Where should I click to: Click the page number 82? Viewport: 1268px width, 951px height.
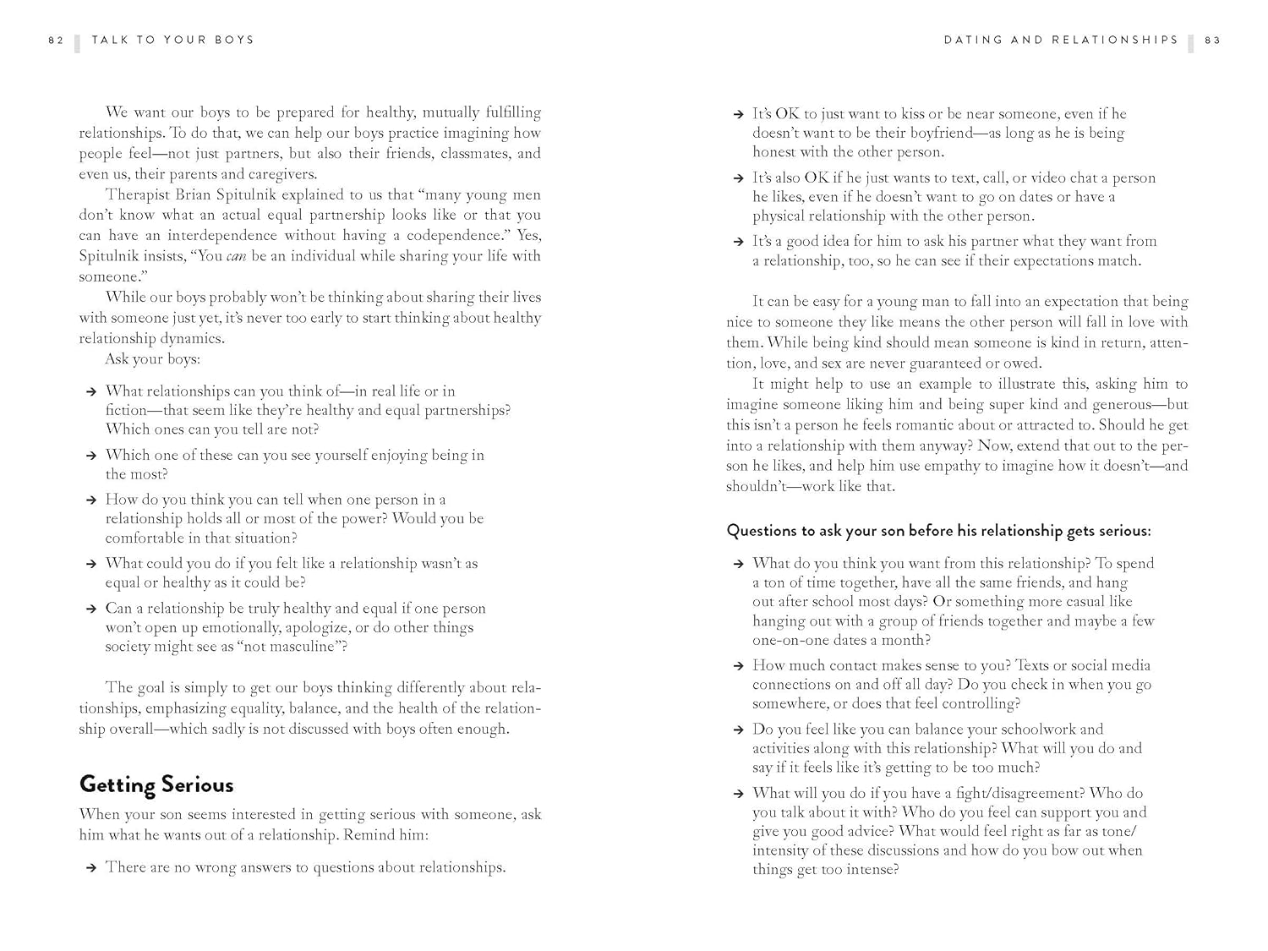[x=56, y=40]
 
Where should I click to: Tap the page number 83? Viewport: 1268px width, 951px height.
[x=1212, y=40]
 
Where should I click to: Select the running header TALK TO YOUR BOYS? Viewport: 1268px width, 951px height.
[x=172, y=40]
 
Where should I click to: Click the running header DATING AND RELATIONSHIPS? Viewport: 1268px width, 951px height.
[x=1061, y=40]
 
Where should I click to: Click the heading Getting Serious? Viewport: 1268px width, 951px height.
[x=156, y=784]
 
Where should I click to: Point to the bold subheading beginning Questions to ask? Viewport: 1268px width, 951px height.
[x=938, y=531]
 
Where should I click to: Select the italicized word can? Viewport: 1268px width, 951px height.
[x=236, y=256]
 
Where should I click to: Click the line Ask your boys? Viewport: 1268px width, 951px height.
[x=152, y=359]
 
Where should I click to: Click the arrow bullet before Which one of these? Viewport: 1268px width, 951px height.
[x=90, y=456]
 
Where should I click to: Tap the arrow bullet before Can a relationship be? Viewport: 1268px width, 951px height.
[x=90, y=609]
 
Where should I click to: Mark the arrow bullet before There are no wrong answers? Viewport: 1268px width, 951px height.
[x=90, y=868]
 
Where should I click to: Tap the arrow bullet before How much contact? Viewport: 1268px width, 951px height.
[x=738, y=666]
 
